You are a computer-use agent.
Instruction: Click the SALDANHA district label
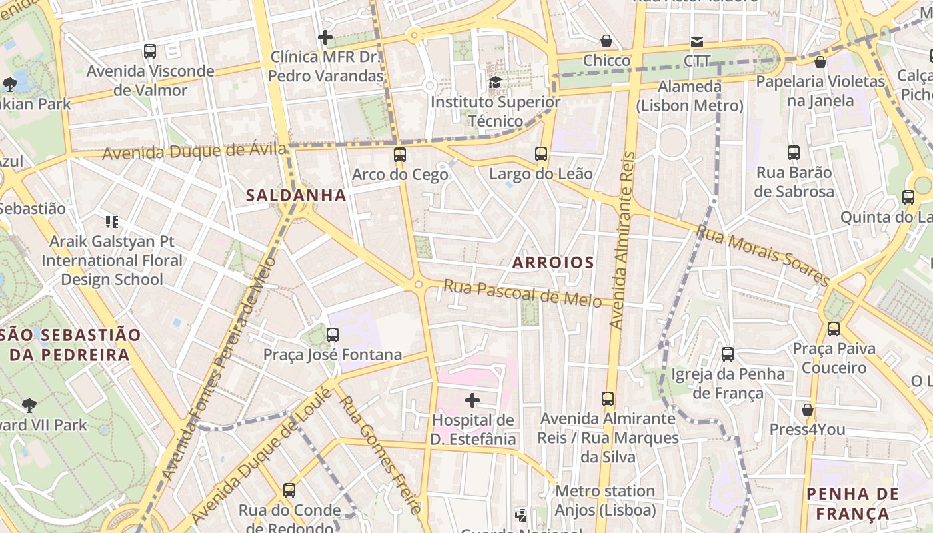pyautogui.click(x=296, y=195)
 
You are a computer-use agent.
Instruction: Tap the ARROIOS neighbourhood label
pyautogui.click(x=553, y=263)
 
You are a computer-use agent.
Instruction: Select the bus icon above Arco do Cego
pyautogui.click(x=399, y=155)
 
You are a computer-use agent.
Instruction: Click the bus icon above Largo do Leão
pyautogui.click(x=541, y=155)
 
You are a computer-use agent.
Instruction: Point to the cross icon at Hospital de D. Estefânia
pyautogui.click(x=472, y=400)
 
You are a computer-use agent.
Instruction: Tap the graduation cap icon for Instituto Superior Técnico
pyautogui.click(x=495, y=82)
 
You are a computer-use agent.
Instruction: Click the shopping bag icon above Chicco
pyautogui.click(x=606, y=41)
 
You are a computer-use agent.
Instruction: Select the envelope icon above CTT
pyautogui.click(x=697, y=41)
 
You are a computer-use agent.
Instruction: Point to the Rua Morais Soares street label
pyautogui.click(x=762, y=255)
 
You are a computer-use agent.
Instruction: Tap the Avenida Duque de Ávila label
pyautogui.click(x=194, y=151)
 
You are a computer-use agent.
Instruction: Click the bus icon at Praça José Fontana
pyautogui.click(x=333, y=334)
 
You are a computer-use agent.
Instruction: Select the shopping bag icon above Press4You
pyautogui.click(x=807, y=410)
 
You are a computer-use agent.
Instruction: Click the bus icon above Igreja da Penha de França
pyautogui.click(x=728, y=354)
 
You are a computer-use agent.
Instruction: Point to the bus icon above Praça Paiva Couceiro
pyautogui.click(x=834, y=328)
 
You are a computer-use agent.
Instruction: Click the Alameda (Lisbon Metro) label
pyautogui.click(x=689, y=96)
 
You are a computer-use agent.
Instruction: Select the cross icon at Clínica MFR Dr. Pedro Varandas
pyautogui.click(x=325, y=37)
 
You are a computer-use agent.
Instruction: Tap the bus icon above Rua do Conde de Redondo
pyautogui.click(x=289, y=490)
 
